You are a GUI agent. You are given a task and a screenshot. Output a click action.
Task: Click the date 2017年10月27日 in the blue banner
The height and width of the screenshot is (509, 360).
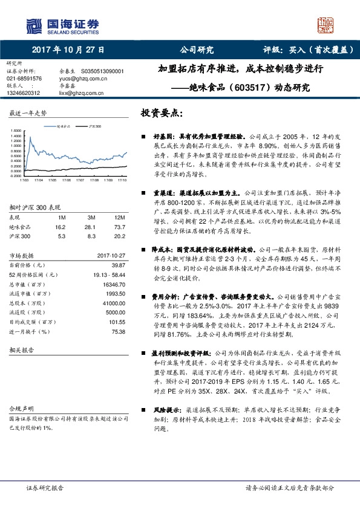point(68,50)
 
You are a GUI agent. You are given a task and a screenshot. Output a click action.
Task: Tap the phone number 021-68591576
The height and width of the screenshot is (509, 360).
point(25,79)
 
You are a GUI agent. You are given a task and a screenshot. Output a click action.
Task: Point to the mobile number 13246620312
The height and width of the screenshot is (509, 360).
point(24,93)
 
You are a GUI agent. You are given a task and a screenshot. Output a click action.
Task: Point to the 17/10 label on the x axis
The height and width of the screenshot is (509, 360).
point(121,180)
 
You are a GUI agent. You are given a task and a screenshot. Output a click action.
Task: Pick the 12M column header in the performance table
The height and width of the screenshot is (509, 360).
point(120,216)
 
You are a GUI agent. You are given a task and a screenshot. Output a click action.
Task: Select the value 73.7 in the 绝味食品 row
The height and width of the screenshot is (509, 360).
point(120,225)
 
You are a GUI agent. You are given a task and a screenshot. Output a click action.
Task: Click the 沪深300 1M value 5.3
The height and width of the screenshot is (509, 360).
point(62,235)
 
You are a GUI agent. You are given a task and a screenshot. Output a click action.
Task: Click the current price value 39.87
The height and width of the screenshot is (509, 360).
point(118,264)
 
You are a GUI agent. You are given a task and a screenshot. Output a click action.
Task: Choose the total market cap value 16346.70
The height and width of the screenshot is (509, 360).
point(113,284)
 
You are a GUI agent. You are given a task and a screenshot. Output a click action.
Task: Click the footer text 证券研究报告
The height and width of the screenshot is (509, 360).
point(44,488)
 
